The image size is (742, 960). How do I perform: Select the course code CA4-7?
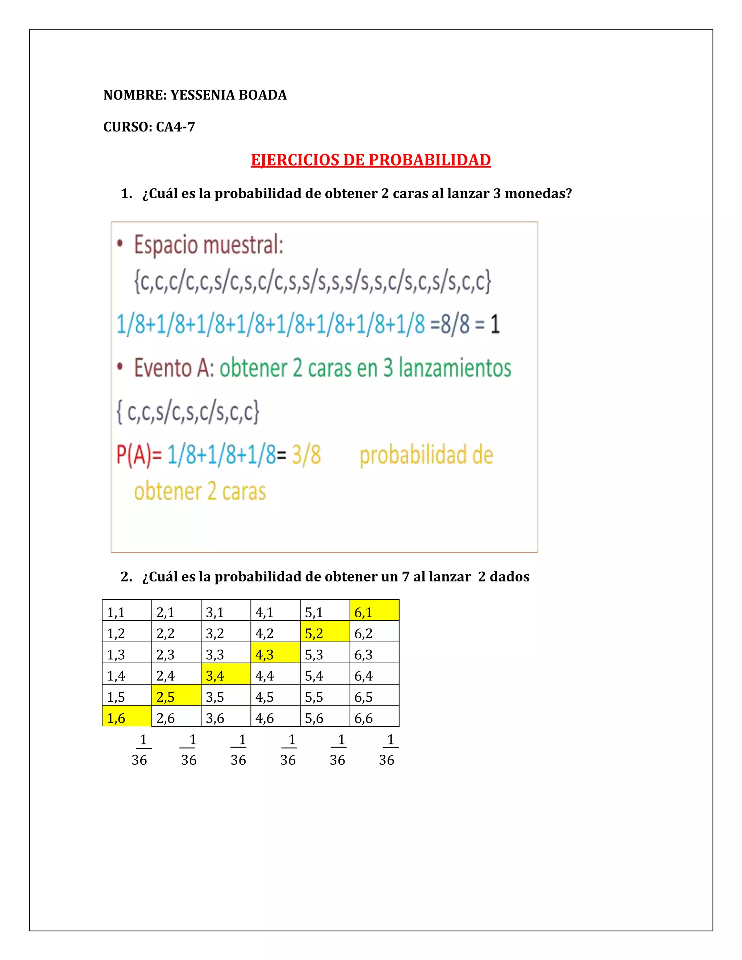(x=175, y=127)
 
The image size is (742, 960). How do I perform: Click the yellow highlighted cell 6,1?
(x=374, y=610)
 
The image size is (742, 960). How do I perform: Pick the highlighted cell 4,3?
(x=275, y=653)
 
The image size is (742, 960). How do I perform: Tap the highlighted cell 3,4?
(x=225, y=674)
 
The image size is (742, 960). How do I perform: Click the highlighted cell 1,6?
(x=126, y=717)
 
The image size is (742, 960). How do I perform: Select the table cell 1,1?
(x=126, y=610)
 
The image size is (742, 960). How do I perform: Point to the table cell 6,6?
(x=374, y=717)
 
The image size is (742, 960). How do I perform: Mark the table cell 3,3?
(x=225, y=653)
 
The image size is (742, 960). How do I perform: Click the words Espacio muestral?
(x=208, y=245)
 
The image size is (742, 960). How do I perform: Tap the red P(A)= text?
(x=139, y=455)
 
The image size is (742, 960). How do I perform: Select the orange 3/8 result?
(x=307, y=455)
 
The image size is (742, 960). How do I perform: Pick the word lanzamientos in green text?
(x=455, y=368)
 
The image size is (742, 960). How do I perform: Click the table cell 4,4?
(x=275, y=674)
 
